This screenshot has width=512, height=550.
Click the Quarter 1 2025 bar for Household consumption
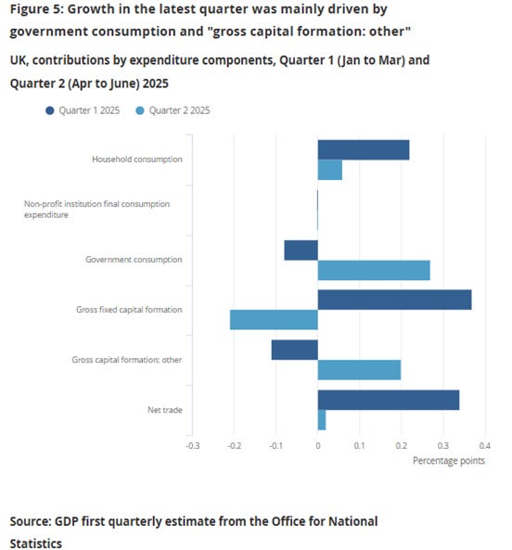[x=363, y=150]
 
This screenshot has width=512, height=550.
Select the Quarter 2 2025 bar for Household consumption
[x=329, y=170]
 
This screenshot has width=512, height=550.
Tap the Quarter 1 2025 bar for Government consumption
[x=301, y=250]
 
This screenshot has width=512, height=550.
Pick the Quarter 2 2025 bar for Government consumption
[x=373, y=270]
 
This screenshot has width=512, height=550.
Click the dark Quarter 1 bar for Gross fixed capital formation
[x=394, y=300]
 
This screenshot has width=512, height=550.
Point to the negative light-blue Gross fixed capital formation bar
[x=274, y=319]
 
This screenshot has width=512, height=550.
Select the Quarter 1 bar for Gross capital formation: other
[x=294, y=350]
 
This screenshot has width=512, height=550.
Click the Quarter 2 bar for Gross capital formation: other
[x=359, y=369]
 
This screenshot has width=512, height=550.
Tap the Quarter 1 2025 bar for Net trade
[x=388, y=400]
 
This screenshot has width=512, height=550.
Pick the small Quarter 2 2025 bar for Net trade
[x=321, y=419]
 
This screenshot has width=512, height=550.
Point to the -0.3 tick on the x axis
[x=192, y=446]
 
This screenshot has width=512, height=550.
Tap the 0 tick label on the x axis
[x=317, y=446]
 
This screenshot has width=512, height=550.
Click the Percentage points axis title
[x=448, y=461]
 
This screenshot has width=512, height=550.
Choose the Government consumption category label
[x=134, y=260]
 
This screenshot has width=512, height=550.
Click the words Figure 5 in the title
[x=37, y=11]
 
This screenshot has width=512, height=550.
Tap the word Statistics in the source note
[x=36, y=543]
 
